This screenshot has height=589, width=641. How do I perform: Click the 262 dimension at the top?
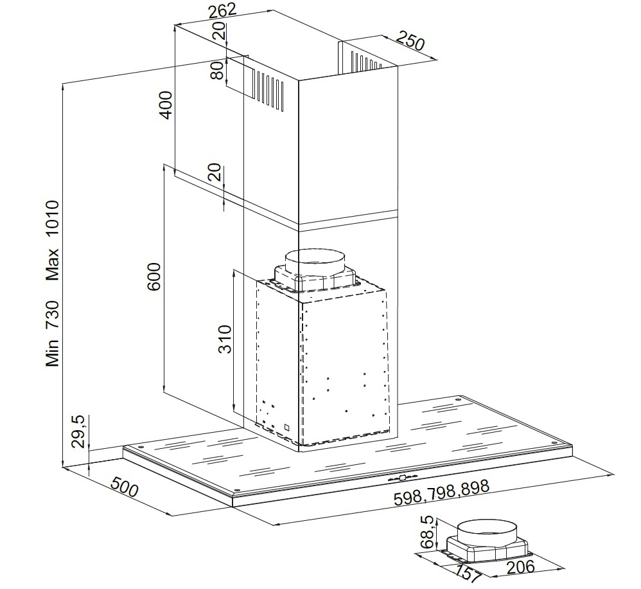click(222, 10)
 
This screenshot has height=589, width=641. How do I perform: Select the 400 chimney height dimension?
click(166, 105)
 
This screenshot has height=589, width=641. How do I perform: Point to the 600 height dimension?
click(154, 276)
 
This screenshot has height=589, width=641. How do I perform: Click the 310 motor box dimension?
click(225, 339)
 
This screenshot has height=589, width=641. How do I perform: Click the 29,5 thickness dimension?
click(79, 431)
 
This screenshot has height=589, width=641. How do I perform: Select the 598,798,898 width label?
click(441, 493)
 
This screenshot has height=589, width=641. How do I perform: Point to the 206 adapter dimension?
click(520, 567)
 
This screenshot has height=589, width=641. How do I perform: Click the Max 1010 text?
click(53, 240)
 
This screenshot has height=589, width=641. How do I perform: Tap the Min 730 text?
click(53, 334)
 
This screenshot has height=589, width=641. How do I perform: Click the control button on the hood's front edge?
click(403, 477)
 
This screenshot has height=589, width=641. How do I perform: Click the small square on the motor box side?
click(287, 427)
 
